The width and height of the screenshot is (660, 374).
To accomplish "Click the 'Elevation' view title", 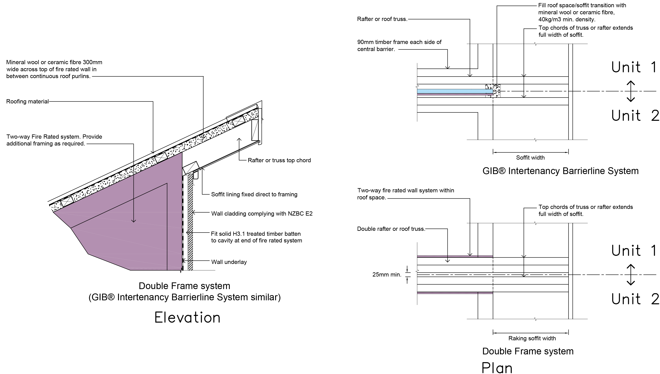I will tap(187, 318).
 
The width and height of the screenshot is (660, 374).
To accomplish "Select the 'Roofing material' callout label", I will tap(27, 101).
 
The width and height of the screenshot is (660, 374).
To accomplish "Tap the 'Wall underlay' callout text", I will tap(229, 262).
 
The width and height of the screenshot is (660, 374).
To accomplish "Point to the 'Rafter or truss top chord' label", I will tap(279, 160).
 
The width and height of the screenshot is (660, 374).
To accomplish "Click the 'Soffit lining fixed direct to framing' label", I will tap(254, 194).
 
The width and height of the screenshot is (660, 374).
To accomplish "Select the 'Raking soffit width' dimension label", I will tap(532, 338).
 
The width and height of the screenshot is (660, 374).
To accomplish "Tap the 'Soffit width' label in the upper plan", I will tap(530, 158).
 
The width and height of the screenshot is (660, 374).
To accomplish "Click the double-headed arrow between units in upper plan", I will tap(631, 91).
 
